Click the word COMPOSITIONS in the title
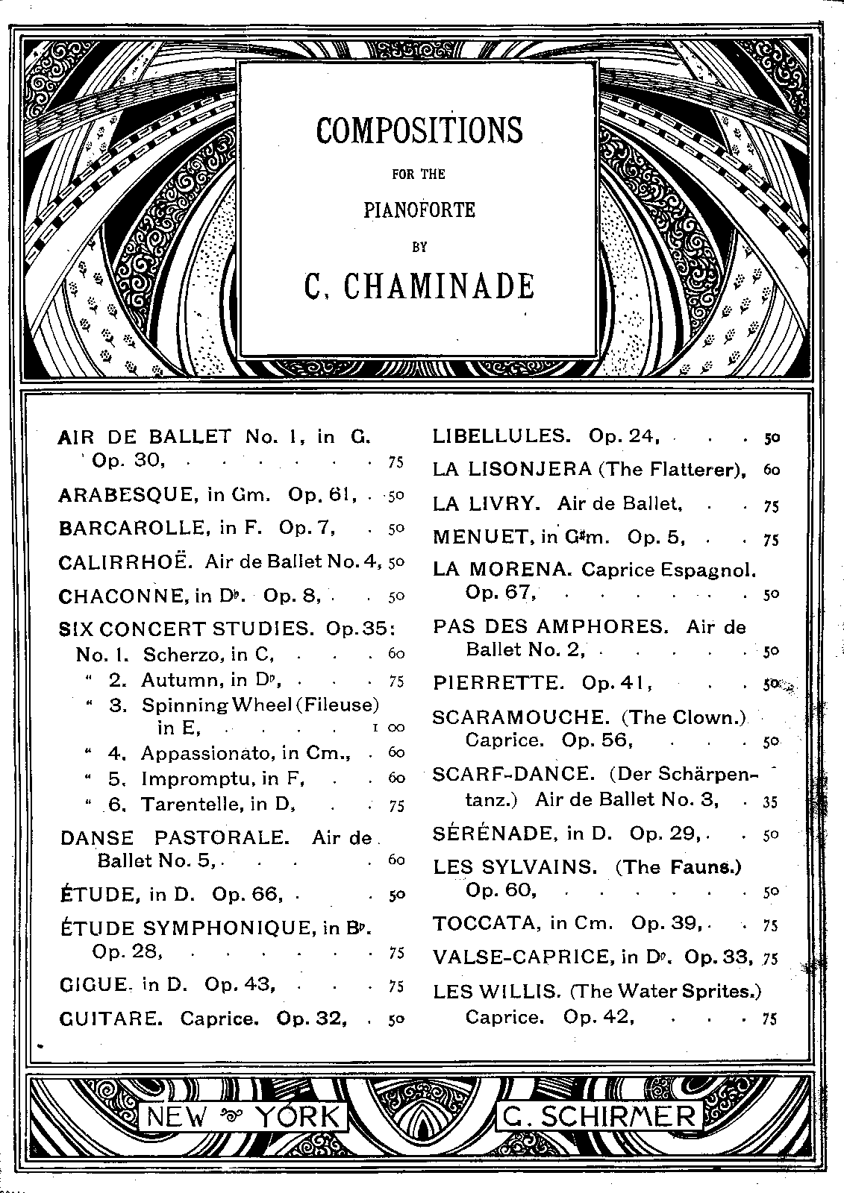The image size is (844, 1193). pyautogui.click(x=419, y=130)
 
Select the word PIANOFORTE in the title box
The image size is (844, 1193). pyautogui.click(x=419, y=210)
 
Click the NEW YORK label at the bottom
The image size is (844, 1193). pyautogui.click(x=243, y=1116)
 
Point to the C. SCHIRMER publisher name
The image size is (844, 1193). pyautogui.click(x=600, y=1116)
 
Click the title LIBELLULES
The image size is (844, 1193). pyautogui.click(x=501, y=436)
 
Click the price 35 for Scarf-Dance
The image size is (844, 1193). pyautogui.click(x=770, y=802)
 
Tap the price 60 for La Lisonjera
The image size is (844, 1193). pyautogui.click(x=771, y=470)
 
